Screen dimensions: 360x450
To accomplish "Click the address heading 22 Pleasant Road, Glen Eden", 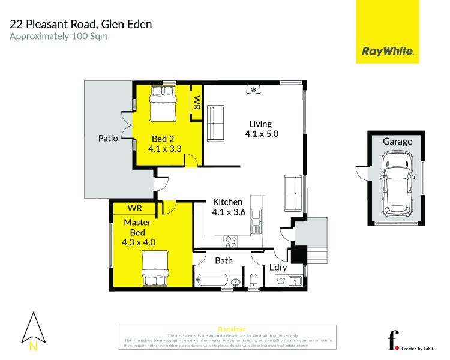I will pyautogui.click(x=80, y=24).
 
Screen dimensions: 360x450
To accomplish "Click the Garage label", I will pyautogui.click(x=397, y=142).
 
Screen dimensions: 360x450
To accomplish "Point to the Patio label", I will pyautogui.click(x=108, y=138).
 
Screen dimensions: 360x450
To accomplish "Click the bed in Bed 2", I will pyautogui.click(x=163, y=103).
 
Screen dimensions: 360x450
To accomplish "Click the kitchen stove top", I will pyautogui.click(x=230, y=241).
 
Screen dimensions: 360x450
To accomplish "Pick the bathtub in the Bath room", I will pyautogui.click(x=212, y=280).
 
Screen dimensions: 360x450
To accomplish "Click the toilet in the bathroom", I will pyautogui.click(x=253, y=280).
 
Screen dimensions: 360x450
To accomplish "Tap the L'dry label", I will pyautogui.click(x=278, y=266).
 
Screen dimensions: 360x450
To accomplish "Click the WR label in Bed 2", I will pyautogui.click(x=196, y=102).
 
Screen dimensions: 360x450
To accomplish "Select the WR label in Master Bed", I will pyautogui.click(x=135, y=208).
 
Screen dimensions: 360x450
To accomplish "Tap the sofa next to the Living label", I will pyautogui.click(x=215, y=122).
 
